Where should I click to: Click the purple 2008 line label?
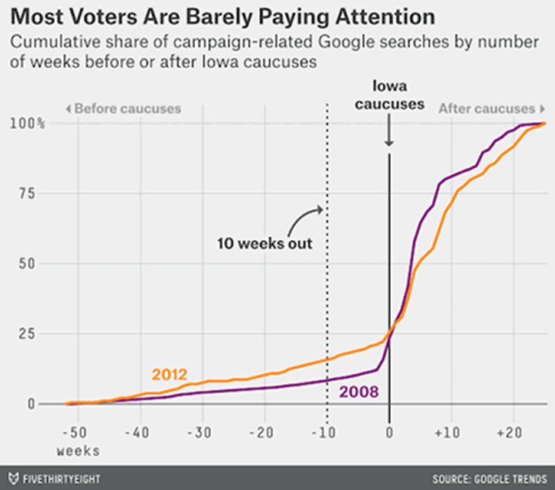tap(359, 392)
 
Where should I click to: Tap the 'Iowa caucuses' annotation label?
tap(389, 93)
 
